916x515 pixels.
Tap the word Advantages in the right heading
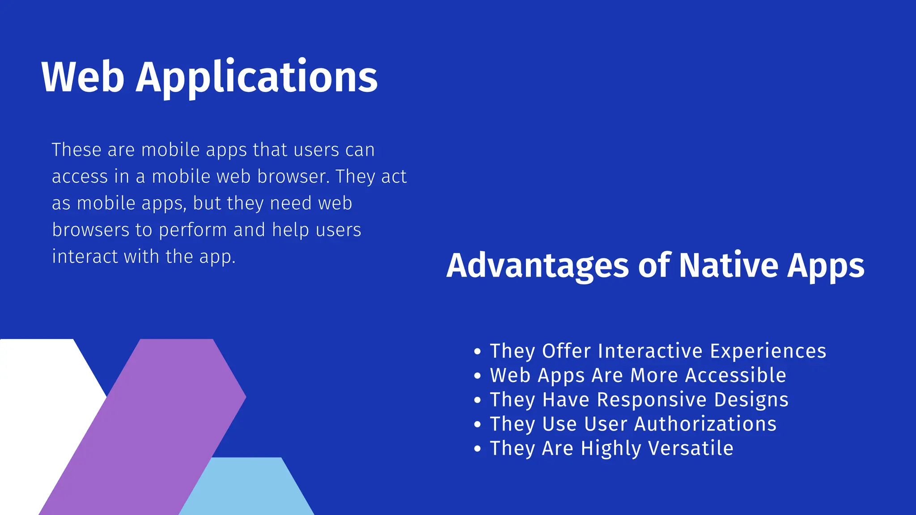click(x=538, y=266)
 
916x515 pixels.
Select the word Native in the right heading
click(x=728, y=266)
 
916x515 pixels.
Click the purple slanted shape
click(x=148, y=425)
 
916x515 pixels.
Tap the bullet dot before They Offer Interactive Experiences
click(x=477, y=352)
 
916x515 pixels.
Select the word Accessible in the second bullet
click(x=735, y=375)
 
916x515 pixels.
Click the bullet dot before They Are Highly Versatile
click(x=477, y=449)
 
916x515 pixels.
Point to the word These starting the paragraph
click(x=76, y=150)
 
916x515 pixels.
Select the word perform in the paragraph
click(x=193, y=230)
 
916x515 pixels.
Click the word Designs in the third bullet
click(x=751, y=400)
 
